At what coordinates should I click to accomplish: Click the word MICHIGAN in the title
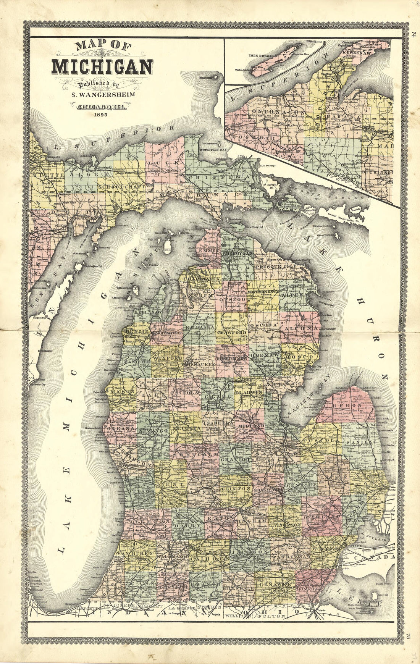click(102, 67)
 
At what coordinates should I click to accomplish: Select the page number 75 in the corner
click(408, 636)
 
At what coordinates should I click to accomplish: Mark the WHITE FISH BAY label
click(212, 150)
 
